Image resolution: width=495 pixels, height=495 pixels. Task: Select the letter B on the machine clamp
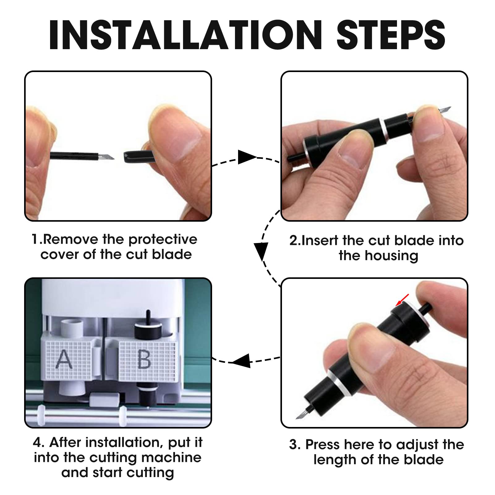click(144, 359)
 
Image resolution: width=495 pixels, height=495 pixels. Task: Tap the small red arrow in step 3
click(402, 300)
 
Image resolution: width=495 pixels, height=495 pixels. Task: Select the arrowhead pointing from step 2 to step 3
click(261, 251)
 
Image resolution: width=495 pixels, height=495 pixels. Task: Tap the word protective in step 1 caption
click(163, 240)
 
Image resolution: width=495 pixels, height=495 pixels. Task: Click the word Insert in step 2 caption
click(320, 241)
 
